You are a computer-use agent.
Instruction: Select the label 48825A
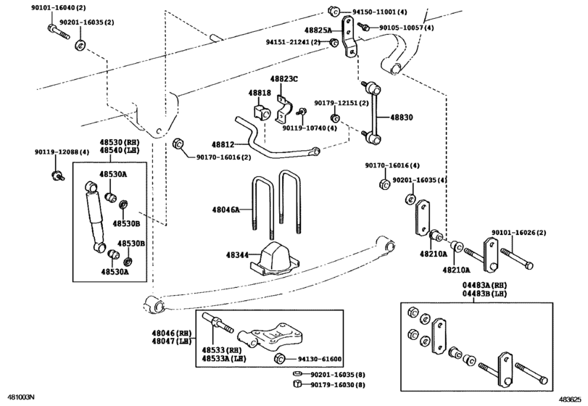click(319, 30)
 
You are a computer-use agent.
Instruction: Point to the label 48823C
click(284, 78)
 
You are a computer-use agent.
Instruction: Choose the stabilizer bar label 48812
click(223, 145)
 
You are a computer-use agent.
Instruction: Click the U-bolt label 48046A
click(225, 209)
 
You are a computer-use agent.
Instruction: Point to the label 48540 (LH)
click(119, 150)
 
